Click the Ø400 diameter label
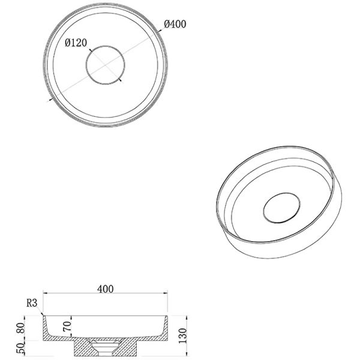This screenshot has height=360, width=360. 175,24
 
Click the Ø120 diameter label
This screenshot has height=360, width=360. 76,43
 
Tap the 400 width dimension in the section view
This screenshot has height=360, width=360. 106,289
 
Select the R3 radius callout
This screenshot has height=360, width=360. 32,303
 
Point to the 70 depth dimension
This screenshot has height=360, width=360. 67,326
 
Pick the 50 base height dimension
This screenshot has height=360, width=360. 20,349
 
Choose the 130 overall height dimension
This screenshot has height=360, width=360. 183,335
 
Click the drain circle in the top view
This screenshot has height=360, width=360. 106,46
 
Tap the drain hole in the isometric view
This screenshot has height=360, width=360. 282,193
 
